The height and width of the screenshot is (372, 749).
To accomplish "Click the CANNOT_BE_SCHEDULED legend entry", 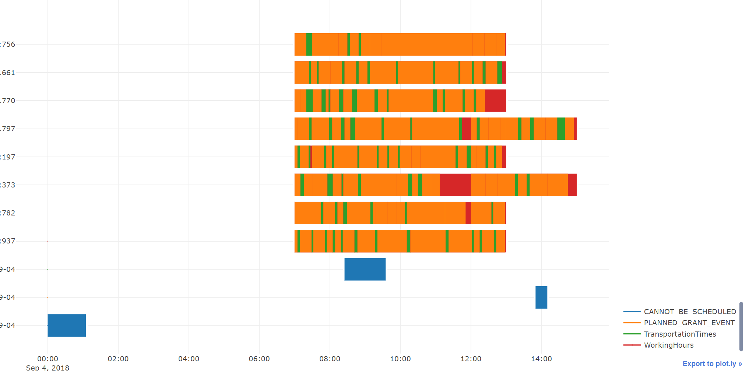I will [689, 312].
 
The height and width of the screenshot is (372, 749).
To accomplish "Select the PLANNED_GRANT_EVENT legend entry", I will [689, 323].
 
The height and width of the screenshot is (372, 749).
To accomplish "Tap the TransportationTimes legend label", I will [680, 334].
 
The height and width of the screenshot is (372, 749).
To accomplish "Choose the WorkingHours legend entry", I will [668, 345].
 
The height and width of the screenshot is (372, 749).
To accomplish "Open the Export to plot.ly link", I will [712, 364].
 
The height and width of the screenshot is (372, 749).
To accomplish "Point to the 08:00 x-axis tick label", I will [330, 359].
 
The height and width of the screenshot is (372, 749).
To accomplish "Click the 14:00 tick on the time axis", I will [541, 359].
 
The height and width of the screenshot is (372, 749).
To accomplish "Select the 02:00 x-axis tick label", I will [118, 359].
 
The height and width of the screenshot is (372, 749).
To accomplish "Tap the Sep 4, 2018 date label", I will [48, 368].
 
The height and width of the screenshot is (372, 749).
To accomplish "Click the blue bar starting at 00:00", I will [67, 325].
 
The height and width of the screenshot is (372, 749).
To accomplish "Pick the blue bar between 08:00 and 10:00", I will [365, 269].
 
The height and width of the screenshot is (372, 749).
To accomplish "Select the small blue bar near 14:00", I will [541, 297].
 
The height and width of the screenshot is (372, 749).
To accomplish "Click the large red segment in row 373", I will [455, 185].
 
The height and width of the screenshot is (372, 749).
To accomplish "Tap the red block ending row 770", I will [495, 101].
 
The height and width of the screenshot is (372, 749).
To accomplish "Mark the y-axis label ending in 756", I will [8, 44].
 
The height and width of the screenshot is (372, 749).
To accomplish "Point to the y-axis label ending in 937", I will [8, 241].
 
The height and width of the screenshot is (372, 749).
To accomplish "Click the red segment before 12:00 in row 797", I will [466, 129].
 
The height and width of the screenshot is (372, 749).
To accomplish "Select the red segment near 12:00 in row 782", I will [468, 213].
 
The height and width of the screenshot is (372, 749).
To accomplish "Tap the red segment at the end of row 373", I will [572, 185].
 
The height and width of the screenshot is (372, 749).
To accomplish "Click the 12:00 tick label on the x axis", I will [471, 359].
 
